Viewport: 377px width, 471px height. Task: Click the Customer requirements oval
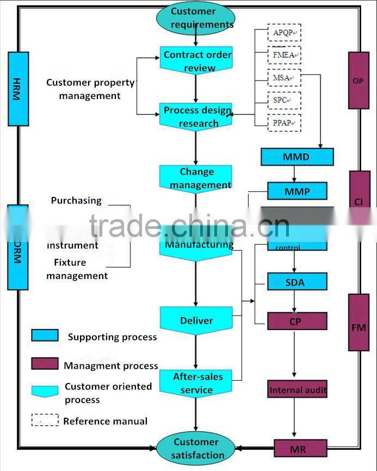click(196, 18)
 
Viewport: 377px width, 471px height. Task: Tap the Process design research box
click(196, 116)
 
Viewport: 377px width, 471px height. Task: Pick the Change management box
click(196, 178)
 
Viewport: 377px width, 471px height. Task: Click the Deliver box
click(196, 320)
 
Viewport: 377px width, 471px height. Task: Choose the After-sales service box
click(196, 383)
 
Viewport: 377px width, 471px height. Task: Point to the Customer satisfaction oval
click(196, 448)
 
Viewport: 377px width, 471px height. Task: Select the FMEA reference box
click(284, 55)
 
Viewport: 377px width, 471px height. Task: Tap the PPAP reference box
click(284, 123)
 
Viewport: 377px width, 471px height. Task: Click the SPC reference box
click(284, 101)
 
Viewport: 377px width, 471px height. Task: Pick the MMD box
click(296, 157)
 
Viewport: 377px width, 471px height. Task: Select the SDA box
click(296, 282)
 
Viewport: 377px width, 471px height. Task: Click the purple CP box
click(296, 321)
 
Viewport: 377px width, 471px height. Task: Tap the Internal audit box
click(298, 389)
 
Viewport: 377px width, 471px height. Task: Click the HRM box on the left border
click(18, 89)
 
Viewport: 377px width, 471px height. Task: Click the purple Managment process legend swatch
click(45, 363)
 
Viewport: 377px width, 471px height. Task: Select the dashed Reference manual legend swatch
click(45, 420)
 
